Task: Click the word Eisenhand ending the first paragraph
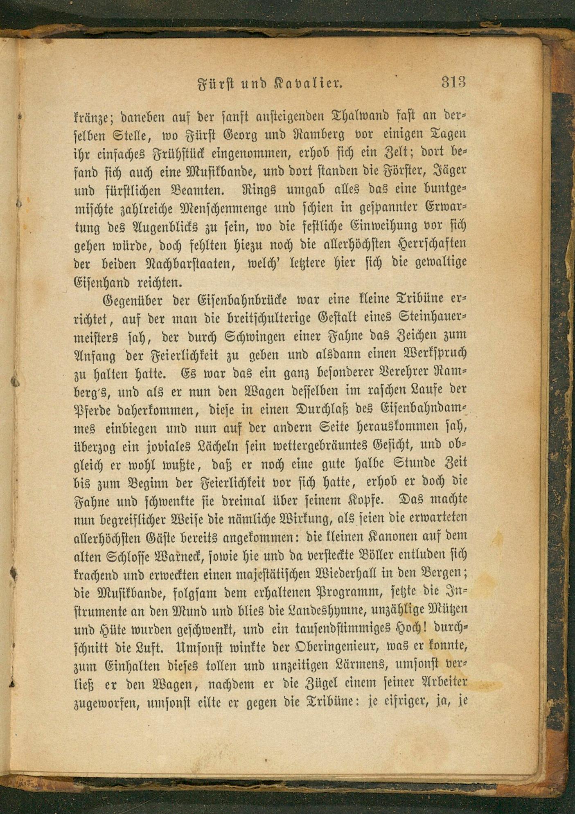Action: click(x=101, y=282)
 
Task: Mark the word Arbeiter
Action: click(x=444, y=683)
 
